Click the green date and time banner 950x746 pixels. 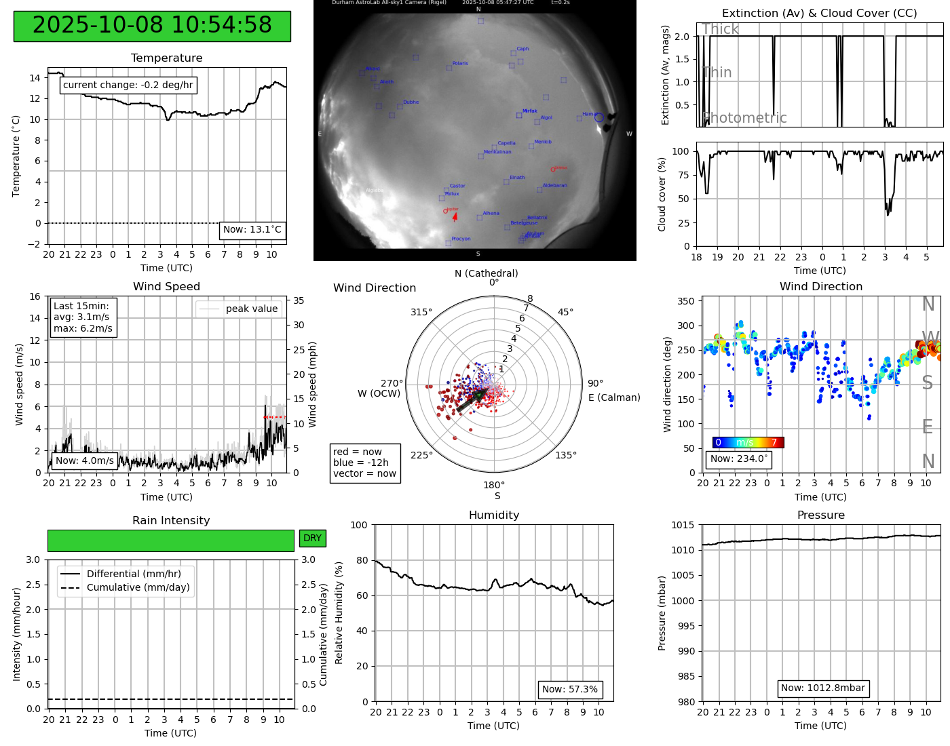tap(152, 26)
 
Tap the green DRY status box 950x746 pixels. tap(312, 538)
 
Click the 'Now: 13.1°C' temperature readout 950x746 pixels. tap(252, 230)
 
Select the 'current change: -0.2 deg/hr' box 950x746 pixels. tap(128, 85)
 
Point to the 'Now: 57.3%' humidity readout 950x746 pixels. tap(570, 690)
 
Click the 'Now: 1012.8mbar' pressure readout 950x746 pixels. tap(822, 688)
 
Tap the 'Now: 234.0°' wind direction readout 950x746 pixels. tap(738, 459)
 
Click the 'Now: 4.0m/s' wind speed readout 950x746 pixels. tap(84, 461)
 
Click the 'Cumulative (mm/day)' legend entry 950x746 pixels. tap(138, 588)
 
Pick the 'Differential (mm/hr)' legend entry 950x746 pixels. tap(134, 574)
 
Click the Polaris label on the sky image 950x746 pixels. tap(460, 64)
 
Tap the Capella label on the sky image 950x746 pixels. tap(506, 144)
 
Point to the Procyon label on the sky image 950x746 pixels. tap(461, 239)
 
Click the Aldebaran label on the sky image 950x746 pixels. tap(554, 186)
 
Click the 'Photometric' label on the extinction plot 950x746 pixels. tap(744, 119)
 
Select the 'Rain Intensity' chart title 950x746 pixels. tap(171, 521)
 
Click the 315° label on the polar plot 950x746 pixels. tap(421, 313)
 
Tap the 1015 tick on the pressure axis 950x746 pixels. tap(682, 526)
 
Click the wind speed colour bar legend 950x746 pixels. tap(748, 443)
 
